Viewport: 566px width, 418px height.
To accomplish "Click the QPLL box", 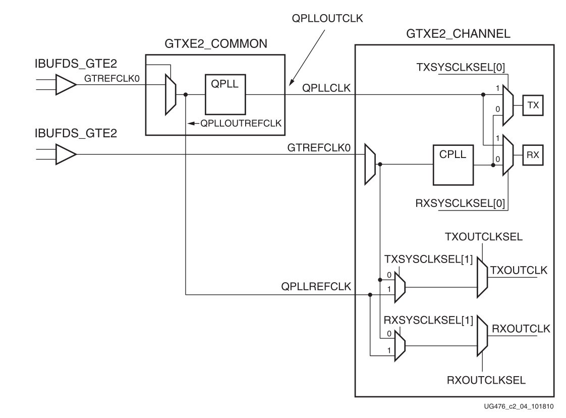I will [x=224, y=95].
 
